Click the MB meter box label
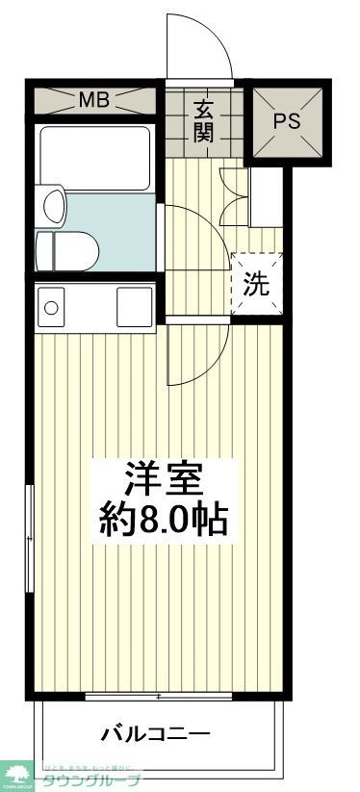point(93,99)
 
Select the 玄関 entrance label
point(202,121)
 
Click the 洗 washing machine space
point(257,284)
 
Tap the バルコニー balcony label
point(156,735)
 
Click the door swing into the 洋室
point(197,356)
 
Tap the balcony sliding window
point(158,695)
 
